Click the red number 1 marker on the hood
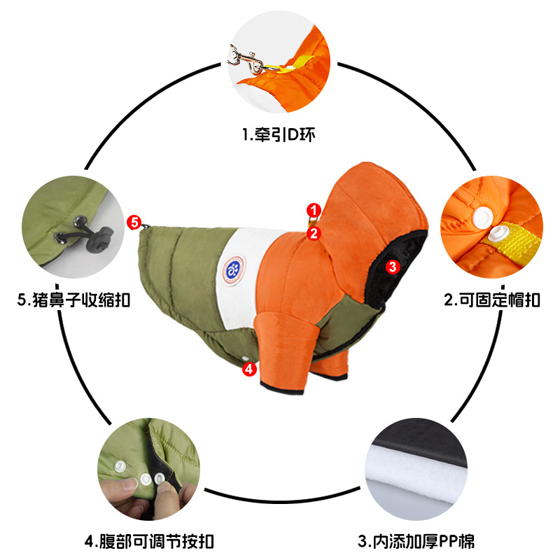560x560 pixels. click(314, 209)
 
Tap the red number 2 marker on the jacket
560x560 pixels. click(314, 233)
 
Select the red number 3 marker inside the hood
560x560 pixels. click(392, 266)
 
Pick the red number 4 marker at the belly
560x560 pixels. click(249, 369)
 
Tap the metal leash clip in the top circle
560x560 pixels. click(246, 57)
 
